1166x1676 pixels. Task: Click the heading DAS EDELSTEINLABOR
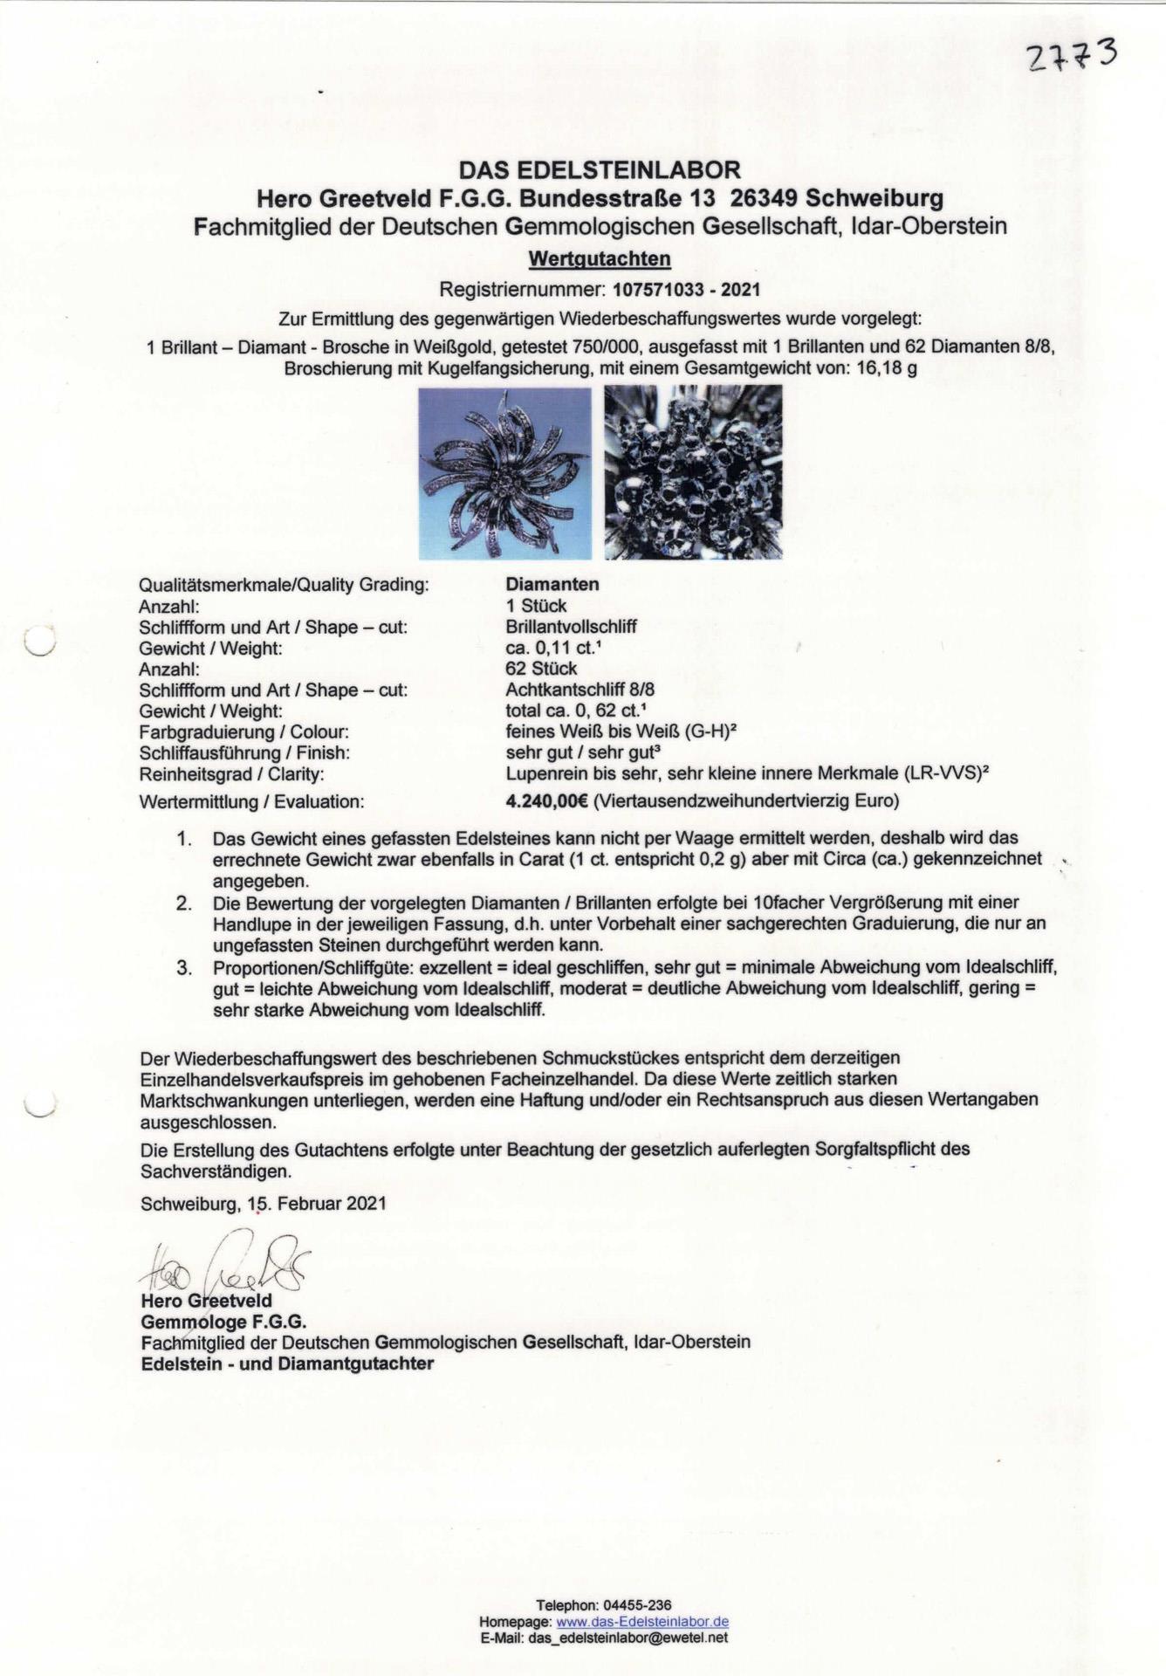point(600,169)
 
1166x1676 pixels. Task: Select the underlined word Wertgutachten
point(600,259)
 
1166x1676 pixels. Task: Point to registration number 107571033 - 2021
point(686,289)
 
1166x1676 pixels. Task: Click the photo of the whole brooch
point(504,473)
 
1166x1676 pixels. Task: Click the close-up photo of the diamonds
point(693,472)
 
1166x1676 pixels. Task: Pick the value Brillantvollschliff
point(571,626)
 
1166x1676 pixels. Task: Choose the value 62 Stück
point(541,669)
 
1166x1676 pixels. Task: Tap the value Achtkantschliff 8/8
point(580,690)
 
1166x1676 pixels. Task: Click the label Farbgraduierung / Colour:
point(243,732)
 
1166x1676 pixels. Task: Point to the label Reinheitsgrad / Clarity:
point(231,774)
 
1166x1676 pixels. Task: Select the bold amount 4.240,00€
point(548,800)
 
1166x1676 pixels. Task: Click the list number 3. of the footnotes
point(184,967)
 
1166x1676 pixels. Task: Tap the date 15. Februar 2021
point(317,1203)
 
